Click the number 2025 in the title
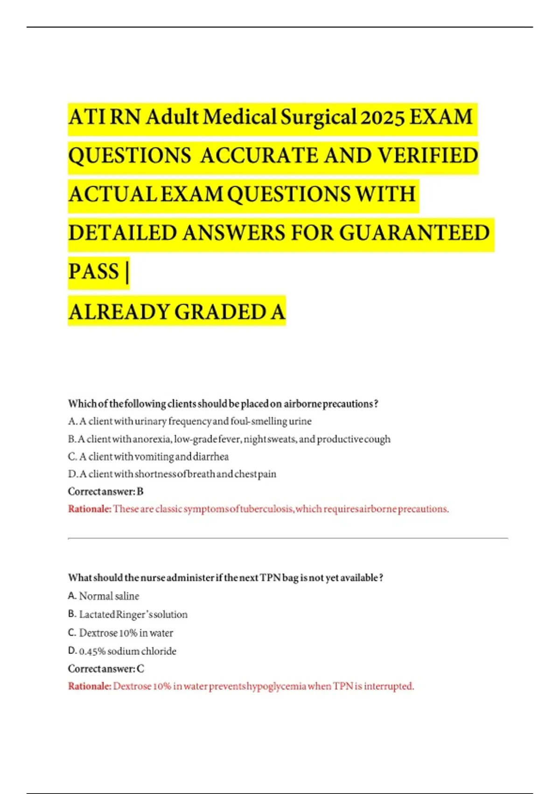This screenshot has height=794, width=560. pos(382,117)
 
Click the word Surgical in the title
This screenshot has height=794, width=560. pos(318,117)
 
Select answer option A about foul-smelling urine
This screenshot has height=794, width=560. pos(189,421)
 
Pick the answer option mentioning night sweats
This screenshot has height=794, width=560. pos(229,439)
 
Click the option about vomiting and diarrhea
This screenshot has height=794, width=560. pos(148,456)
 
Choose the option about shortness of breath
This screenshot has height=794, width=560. pos(172,474)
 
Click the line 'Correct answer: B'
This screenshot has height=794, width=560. pos(106,491)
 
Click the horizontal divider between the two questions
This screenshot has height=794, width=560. pos(288,539)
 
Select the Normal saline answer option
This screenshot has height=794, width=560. pos(104,596)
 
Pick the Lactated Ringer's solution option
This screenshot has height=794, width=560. pos(128,615)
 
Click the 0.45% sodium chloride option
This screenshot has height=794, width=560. pos(122,651)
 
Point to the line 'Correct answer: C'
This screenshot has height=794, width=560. pos(106,669)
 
